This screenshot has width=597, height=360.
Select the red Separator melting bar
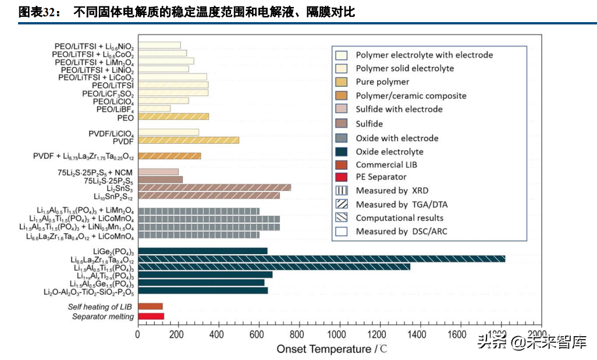pyautogui.click(x=151, y=316)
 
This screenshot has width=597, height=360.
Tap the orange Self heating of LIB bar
pyautogui.click(x=150, y=306)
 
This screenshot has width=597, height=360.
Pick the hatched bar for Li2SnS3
pyautogui.click(x=214, y=187)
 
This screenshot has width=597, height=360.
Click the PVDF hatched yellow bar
pyautogui.click(x=188, y=140)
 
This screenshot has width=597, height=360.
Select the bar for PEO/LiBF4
pyautogui.click(x=154, y=109)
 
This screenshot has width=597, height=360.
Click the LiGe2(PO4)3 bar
pyautogui.click(x=202, y=251)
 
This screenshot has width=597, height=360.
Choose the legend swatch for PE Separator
pyautogui.click(x=342, y=177)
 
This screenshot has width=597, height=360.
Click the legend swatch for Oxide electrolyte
pyautogui.click(x=342, y=151)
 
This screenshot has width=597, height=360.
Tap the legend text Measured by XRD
pyautogui.click(x=390, y=191)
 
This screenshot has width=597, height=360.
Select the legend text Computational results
pyautogui.click(x=400, y=218)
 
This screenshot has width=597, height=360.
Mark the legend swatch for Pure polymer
pyautogui.click(x=342, y=82)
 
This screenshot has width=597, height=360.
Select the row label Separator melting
pyautogui.click(x=103, y=316)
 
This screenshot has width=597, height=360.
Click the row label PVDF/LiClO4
pyautogui.click(x=111, y=133)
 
